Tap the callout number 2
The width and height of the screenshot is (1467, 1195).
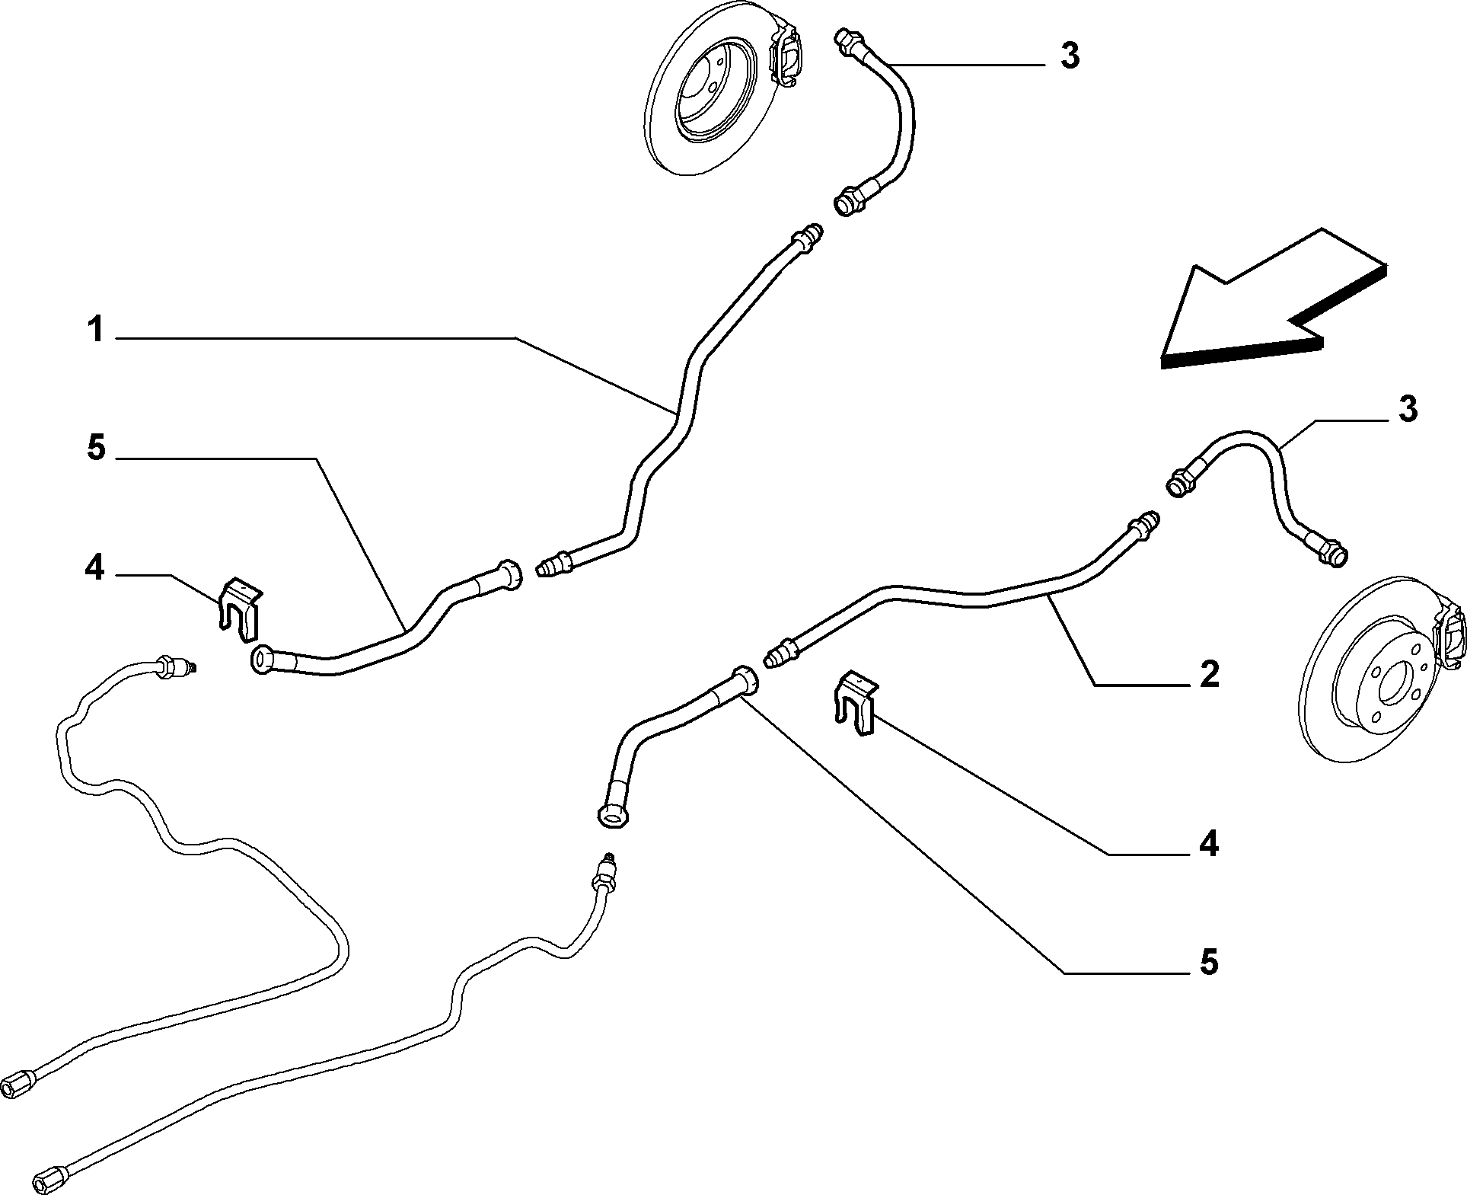(x=1209, y=675)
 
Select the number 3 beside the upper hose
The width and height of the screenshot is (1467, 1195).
(x=1070, y=56)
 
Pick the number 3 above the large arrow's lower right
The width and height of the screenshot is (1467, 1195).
(x=1408, y=410)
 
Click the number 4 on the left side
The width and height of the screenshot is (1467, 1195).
(x=94, y=567)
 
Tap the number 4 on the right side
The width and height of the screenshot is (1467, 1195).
(x=1209, y=845)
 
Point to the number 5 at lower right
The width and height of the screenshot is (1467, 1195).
(x=1209, y=963)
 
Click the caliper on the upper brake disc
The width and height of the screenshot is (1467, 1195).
(x=786, y=56)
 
